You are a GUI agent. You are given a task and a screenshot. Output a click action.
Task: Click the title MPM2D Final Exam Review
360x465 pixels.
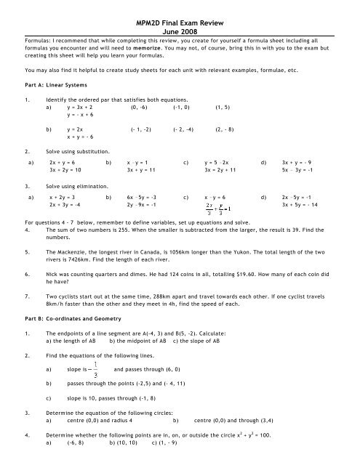[180, 6]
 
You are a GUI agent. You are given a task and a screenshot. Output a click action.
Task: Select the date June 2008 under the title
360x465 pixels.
[180, 15]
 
